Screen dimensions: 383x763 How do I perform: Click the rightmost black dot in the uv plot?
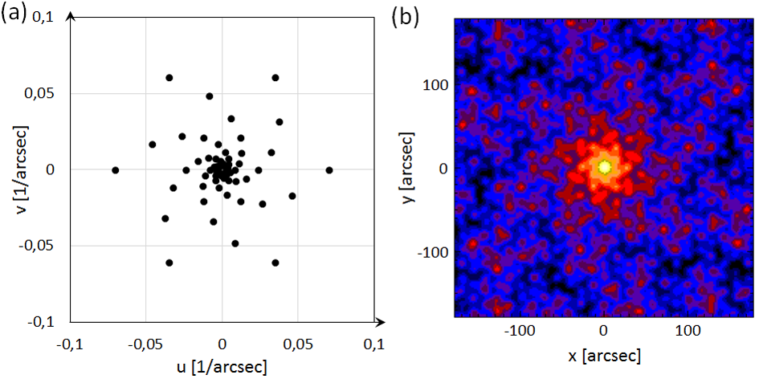point(329,170)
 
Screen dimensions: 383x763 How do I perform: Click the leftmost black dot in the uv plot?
point(116,170)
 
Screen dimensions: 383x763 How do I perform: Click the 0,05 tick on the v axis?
point(47,94)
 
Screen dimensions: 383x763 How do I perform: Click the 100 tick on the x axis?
point(688,331)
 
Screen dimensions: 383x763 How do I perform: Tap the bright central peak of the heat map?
point(605,166)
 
